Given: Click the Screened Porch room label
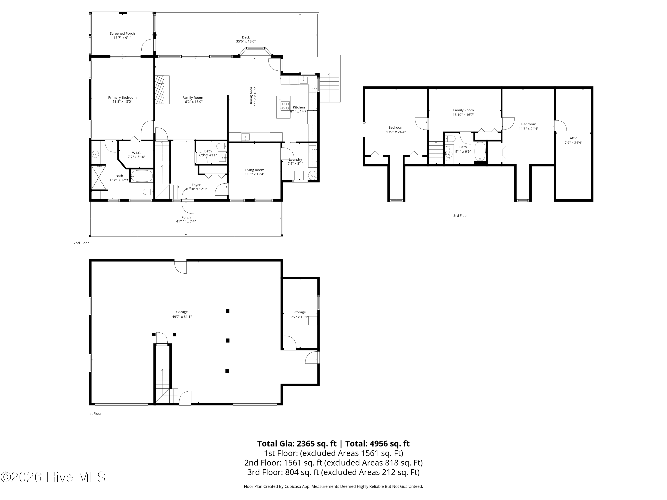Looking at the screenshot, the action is click(122, 34).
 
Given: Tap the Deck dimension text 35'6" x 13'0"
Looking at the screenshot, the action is click(246, 42).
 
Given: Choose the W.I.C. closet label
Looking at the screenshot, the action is click(137, 153).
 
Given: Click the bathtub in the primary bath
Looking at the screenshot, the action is click(142, 176).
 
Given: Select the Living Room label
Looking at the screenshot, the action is click(255, 170).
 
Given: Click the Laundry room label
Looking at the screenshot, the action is click(295, 159).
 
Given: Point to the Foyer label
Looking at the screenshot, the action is click(196, 185).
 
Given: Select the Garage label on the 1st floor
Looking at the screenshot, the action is click(182, 312).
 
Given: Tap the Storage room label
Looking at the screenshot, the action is click(299, 312).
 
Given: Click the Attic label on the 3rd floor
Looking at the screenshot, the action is click(573, 138).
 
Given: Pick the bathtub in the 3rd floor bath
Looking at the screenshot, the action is click(480, 151).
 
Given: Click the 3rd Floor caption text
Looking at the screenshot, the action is click(460, 216).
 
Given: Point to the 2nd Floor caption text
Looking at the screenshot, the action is click(81, 243).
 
